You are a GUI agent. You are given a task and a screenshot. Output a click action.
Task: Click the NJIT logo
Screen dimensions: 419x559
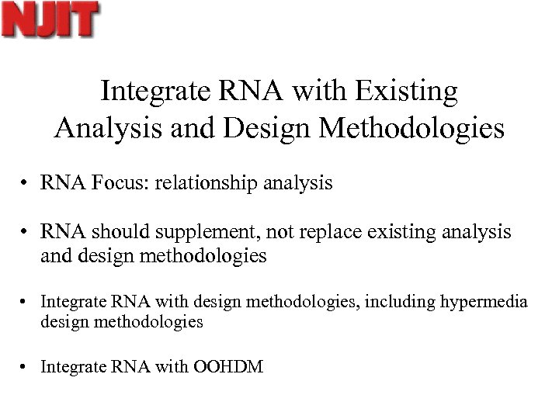[x=50, y=19]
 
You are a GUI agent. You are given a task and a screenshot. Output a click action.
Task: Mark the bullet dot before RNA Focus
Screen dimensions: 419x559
[x=26, y=185]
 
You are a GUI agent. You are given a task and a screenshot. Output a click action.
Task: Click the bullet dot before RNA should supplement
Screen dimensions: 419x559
[x=26, y=233]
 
